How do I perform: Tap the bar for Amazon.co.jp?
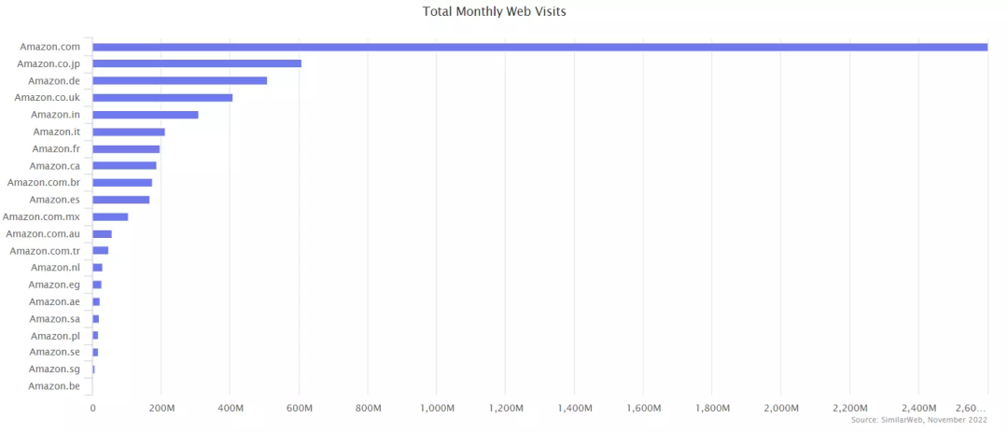[x=197, y=63]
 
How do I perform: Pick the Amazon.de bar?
[x=179, y=80]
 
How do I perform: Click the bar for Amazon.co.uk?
[x=162, y=97]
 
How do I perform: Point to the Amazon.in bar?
[x=146, y=115]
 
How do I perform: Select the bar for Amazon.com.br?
[x=122, y=183]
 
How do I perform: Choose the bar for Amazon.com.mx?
[x=110, y=216]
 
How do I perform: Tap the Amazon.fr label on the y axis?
[x=56, y=149]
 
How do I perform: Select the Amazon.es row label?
[x=55, y=200]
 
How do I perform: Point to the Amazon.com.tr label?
[x=46, y=251]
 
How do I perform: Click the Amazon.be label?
[x=54, y=386]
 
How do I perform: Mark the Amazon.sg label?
[x=54, y=369]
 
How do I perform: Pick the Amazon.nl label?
[x=56, y=268]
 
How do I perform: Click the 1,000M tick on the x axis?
[x=437, y=409]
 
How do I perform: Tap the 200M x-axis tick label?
[x=161, y=409]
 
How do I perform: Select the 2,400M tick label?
[x=918, y=409]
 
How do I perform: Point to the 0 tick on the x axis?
[x=92, y=409]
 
